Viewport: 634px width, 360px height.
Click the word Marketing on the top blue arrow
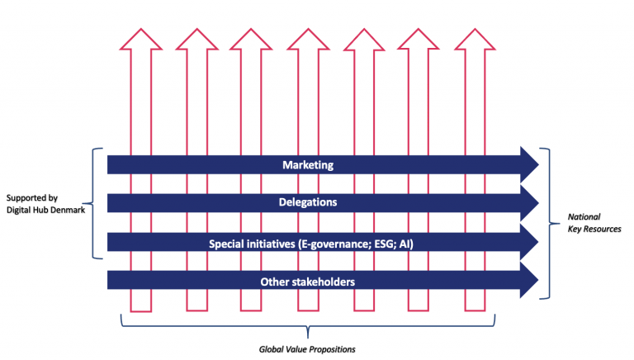pyautogui.click(x=308, y=165)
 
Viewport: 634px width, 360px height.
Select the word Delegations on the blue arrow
pyautogui.click(x=308, y=202)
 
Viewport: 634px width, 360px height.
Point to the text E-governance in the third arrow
pyautogui.click(x=333, y=244)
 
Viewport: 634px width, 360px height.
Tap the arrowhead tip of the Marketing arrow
pyautogui.click(x=538, y=164)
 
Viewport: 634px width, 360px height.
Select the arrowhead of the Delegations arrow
pyautogui.click(x=529, y=202)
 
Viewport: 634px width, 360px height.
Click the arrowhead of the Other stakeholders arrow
pyautogui.click(x=529, y=280)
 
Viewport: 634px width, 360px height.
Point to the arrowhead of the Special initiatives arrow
pyautogui.click(x=529, y=242)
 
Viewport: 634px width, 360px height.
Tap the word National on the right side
pyautogui.click(x=584, y=217)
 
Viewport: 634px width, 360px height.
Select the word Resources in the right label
pyautogui.click(x=602, y=229)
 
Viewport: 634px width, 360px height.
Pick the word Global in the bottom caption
pyautogui.click(x=269, y=349)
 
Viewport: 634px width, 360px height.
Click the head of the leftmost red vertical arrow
pyautogui.click(x=140, y=40)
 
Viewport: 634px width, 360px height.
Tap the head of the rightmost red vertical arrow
pyautogui.click(x=475, y=40)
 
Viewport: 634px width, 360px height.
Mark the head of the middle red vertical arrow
pyautogui.click(x=308, y=40)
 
